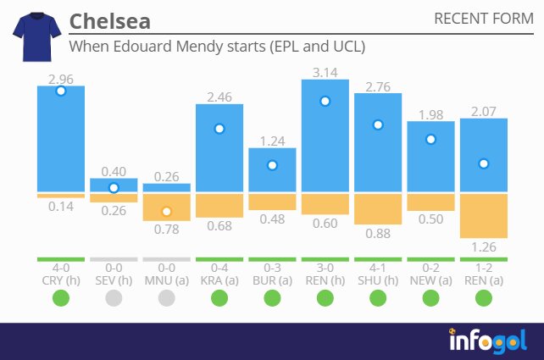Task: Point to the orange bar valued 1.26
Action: [483, 215]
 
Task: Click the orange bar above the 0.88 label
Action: [378, 208]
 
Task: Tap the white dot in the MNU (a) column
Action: [167, 211]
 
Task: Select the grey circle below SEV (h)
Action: [114, 297]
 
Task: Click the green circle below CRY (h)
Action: [61, 297]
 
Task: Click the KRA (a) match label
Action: [219, 280]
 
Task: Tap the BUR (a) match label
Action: [272, 280]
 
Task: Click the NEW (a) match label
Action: [430, 280]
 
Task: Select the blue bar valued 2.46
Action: [219, 148]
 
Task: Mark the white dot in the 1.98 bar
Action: [430, 139]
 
